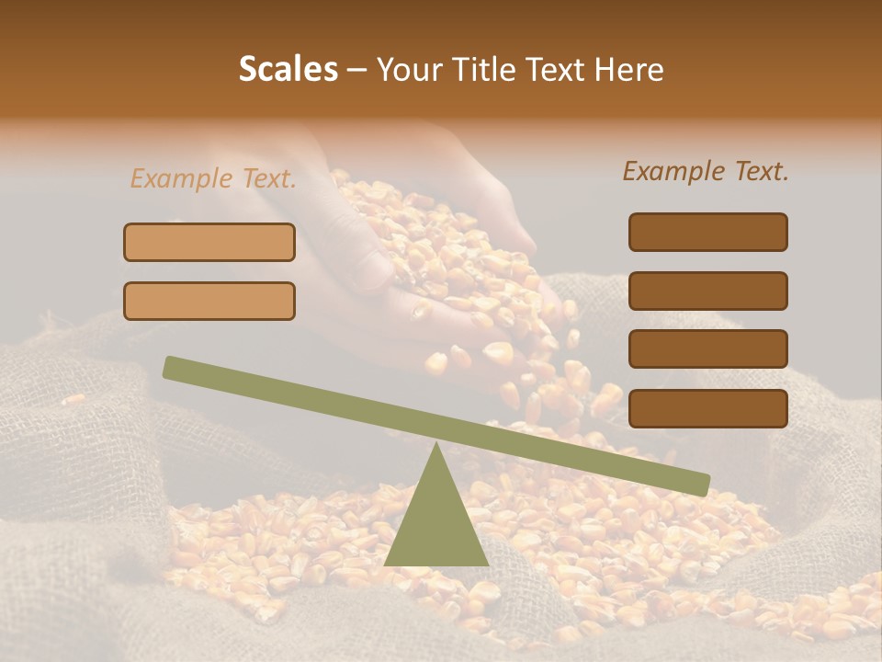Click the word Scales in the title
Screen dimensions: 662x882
[x=288, y=70]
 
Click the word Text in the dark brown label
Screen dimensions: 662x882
[x=762, y=171]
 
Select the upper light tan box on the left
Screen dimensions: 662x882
[x=209, y=243]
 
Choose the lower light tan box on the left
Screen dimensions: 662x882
[x=209, y=301]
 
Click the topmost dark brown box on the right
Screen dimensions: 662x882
[x=707, y=232]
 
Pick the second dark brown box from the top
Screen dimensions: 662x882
[x=707, y=291]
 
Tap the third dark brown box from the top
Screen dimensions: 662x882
[x=707, y=348]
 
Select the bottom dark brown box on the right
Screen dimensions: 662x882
[x=707, y=408]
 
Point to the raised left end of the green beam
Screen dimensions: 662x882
[x=175, y=368]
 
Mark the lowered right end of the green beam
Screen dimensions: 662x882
[x=698, y=484]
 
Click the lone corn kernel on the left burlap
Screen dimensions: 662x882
[x=73, y=399]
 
